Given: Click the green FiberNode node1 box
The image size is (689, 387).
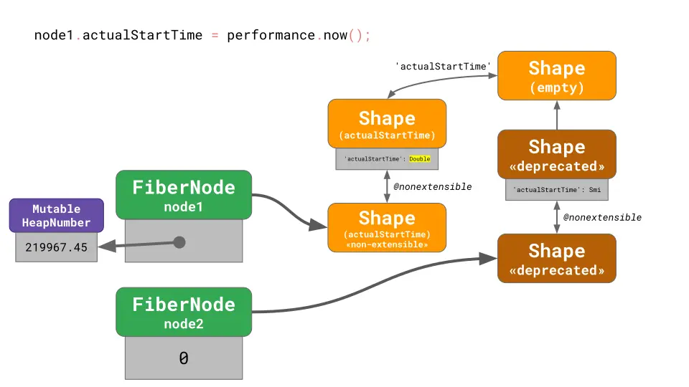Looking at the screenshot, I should tap(184, 195).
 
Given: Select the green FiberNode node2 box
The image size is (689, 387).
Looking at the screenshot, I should tap(184, 312).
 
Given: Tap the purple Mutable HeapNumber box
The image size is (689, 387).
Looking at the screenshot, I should tap(56, 216).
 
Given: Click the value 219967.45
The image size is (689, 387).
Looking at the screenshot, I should tap(56, 247).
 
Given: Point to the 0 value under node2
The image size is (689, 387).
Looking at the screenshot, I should tap(184, 358).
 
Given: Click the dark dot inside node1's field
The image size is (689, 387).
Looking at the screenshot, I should tap(179, 242).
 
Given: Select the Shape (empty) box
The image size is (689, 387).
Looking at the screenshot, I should tap(556, 76).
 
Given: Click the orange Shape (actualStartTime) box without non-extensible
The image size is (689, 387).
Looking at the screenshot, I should tap(387, 124).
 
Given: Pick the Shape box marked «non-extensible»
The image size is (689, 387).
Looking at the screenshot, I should tap(387, 227).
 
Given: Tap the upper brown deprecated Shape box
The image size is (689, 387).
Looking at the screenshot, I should tap(556, 154).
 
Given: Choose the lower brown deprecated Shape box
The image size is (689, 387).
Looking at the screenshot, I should tap(556, 258).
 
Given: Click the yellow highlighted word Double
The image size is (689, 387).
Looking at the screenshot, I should tap(419, 159).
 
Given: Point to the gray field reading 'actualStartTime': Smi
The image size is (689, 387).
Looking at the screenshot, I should tap(556, 190).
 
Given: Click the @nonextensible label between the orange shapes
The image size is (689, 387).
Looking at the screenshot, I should tap(432, 186).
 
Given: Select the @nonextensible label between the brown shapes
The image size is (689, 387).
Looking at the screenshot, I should tap(601, 217).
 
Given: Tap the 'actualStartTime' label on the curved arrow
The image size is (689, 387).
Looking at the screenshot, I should tap(443, 67).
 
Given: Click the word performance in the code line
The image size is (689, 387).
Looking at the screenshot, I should tap(271, 35).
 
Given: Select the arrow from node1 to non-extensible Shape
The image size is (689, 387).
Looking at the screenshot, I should tap(287, 211).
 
